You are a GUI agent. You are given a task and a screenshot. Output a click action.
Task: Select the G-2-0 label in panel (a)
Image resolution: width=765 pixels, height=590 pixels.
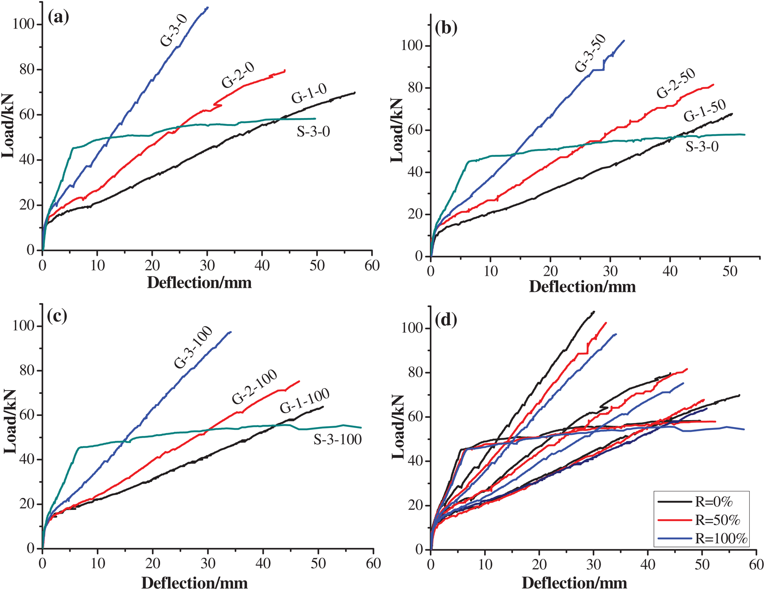[x=238, y=75]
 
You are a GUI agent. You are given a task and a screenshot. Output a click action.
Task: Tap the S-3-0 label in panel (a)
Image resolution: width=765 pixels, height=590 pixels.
[x=313, y=132]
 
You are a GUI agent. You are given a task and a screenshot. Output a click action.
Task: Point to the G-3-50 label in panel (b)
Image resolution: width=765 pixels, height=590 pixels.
[x=590, y=54]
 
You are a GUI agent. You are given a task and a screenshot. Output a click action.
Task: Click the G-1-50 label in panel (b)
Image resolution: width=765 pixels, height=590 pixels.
[x=705, y=111]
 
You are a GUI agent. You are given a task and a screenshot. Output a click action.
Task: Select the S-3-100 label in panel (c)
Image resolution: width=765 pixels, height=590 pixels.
[x=337, y=439]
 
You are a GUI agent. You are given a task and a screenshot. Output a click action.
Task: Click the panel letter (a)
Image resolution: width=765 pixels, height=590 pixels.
[x=58, y=17]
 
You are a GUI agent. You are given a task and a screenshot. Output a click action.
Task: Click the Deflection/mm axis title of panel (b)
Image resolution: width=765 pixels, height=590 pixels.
[x=582, y=286]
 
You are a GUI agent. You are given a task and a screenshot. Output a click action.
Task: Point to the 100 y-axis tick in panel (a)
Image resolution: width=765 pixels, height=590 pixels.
[x=24, y=24]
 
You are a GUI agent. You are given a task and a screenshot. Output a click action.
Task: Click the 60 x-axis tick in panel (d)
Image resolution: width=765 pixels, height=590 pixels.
[x=756, y=565]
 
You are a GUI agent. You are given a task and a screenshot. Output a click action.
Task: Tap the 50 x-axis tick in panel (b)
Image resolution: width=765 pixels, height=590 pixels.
[x=730, y=271]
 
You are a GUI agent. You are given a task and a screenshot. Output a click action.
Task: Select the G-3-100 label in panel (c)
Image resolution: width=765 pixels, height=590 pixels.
[x=193, y=347]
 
